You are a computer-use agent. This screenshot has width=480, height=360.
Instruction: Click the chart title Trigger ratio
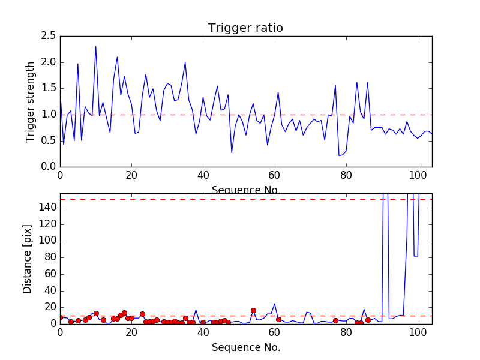(x=245, y=28)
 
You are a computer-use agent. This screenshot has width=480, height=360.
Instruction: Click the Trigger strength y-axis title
(x=31, y=101)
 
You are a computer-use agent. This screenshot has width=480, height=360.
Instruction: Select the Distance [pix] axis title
(x=28, y=259)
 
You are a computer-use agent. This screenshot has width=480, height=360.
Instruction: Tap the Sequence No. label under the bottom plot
(x=245, y=347)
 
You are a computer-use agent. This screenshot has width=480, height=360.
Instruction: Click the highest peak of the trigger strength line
(x=95, y=47)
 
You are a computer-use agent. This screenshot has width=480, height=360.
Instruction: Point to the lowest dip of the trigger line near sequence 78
(x=339, y=155)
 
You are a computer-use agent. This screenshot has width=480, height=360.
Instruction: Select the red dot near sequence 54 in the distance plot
(x=253, y=310)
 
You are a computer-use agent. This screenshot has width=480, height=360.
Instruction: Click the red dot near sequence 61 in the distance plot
(x=278, y=319)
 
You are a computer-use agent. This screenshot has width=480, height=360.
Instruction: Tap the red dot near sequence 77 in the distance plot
(x=335, y=320)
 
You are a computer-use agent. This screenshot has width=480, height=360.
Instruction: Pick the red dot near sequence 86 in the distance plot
(x=368, y=320)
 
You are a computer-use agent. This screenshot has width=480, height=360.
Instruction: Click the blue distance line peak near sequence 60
(x=275, y=304)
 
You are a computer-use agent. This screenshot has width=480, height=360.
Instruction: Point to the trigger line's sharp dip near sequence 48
(x=232, y=152)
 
